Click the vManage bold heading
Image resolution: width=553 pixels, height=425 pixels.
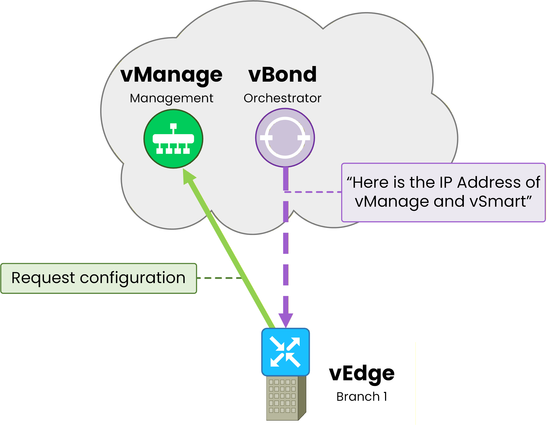(172, 75)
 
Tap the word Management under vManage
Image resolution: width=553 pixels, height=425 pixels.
(172, 98)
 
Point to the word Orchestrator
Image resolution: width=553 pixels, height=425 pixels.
(282, 98)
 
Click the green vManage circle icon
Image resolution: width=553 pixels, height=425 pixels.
(173, 139)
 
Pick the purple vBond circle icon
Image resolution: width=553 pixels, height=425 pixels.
(285, 138)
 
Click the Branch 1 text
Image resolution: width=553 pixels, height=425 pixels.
(362, 397)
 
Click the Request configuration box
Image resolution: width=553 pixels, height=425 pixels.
(99, 278)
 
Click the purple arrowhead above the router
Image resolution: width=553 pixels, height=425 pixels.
(286, 320)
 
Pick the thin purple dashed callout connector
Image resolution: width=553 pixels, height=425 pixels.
(314, 192)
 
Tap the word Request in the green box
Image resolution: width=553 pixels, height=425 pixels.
(43, 278)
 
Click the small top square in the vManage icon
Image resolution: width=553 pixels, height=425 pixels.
(173, 126)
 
